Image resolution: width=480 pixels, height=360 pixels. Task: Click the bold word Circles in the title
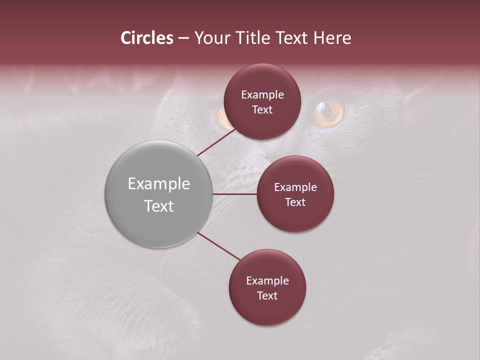[147, 38]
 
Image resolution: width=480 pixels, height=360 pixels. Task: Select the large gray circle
[158, 194]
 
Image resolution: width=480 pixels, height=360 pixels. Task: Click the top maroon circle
[262, 101]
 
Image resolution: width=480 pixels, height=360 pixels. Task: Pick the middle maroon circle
[295, 194]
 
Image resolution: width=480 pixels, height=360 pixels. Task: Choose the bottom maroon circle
[267, 287]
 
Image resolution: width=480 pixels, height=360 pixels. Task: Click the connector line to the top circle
[216, 142]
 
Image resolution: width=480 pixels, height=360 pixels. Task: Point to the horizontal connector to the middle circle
[235, 194]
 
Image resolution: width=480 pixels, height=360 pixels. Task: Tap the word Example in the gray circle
[159, 184]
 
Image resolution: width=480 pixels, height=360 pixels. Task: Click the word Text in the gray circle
[159, 206]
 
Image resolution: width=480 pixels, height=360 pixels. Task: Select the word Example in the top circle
[262, 95]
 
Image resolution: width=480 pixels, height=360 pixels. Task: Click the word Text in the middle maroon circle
[295, 202]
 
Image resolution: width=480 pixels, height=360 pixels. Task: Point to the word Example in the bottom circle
[267, 281]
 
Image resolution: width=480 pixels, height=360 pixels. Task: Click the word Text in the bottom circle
[267, 295]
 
